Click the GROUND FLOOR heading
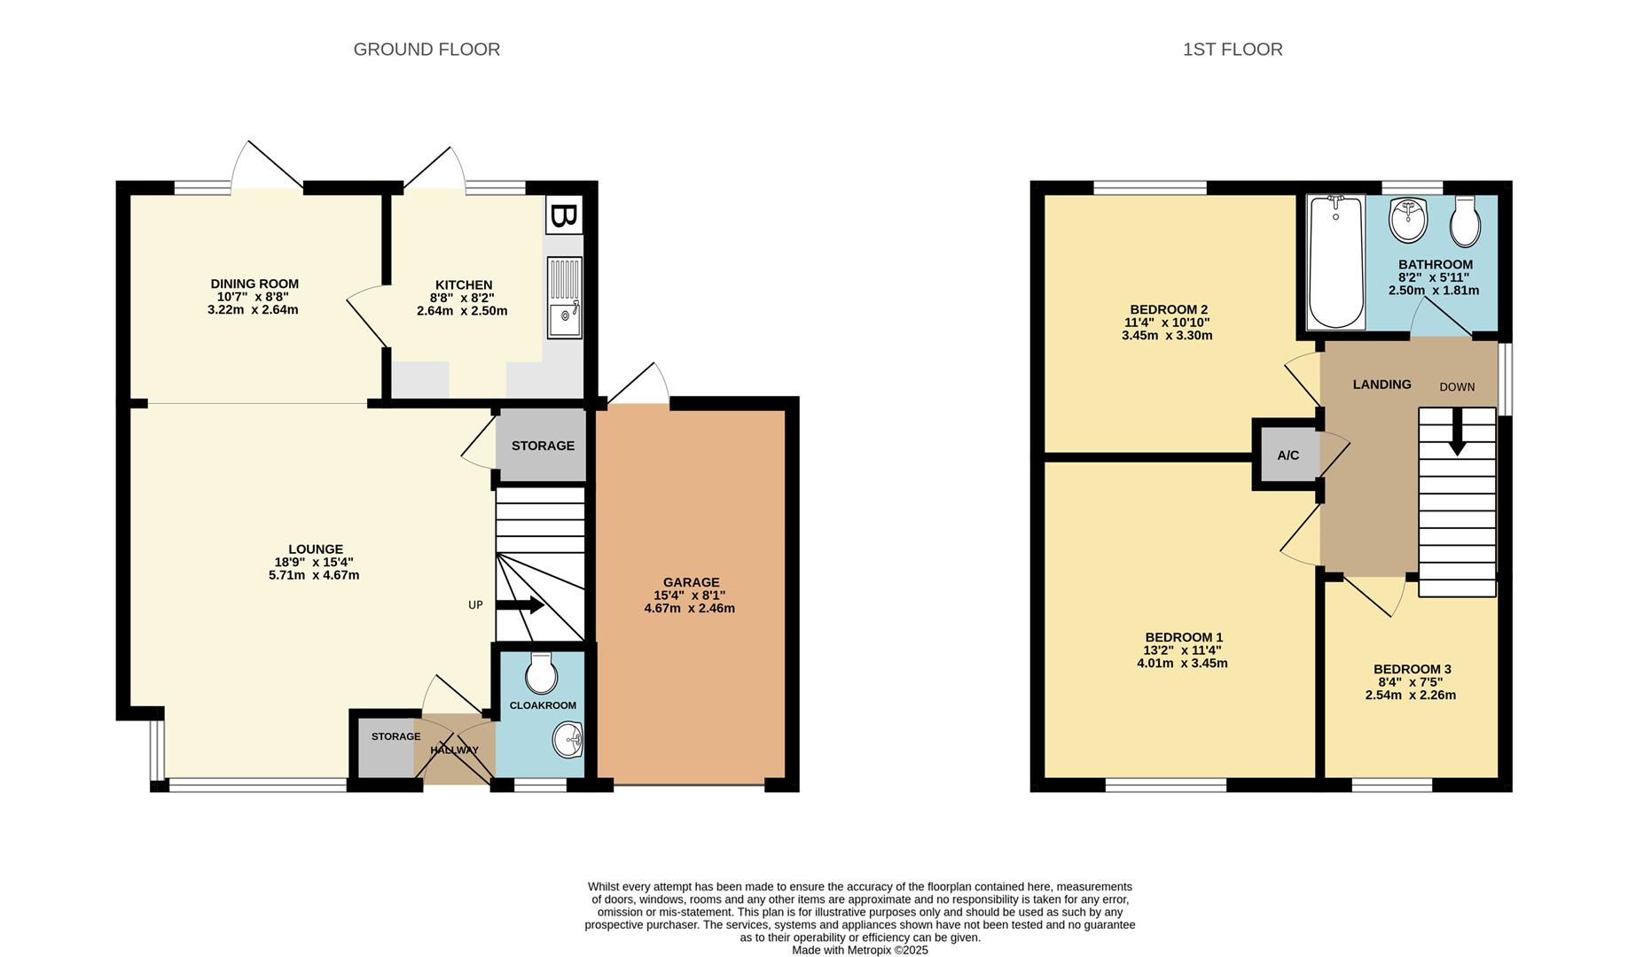(x=427, y=50)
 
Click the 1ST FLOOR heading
(x=1233, y=50)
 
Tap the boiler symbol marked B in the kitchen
(x=564, y=215)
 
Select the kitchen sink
(x=565, y=298)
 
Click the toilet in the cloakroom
(x=540, y=673)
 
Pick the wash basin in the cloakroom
(x=567, y=740)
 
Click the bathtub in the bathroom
(x=1336, y=262)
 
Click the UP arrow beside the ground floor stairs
(x=520, y=606)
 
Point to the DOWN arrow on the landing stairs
(x=1456, y=436)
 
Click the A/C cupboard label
(x=1288, y=455)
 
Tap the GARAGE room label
(x=692, y=582)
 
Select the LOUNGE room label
(x=315, y=549)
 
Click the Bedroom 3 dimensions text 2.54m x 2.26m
(x=1411, y=696)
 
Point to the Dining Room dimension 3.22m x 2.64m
(x=254, y=310)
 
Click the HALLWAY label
(x=454, y=751)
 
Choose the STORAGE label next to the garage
(x=543, y=446)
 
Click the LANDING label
(x=1381, y=385)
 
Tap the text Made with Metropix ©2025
(x=860, y=950)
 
